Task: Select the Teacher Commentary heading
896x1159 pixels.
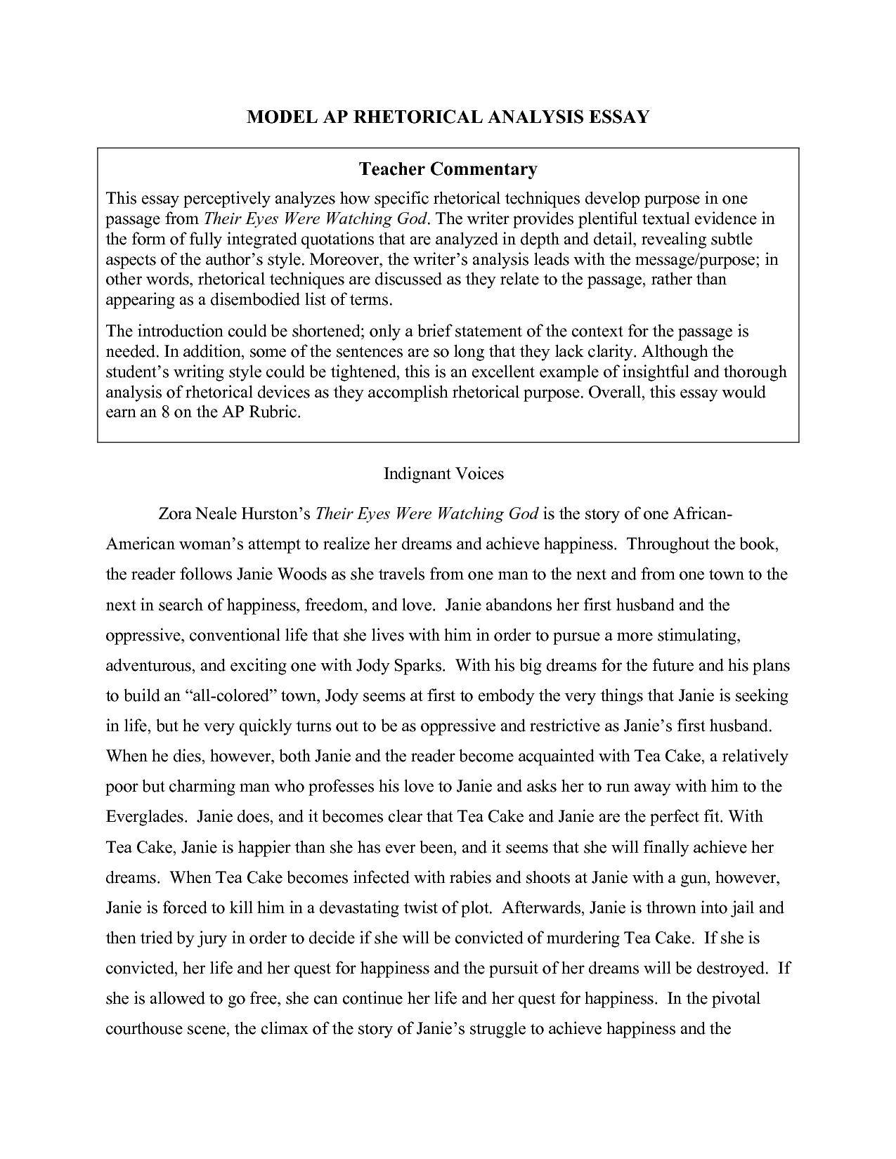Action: click(448, 169)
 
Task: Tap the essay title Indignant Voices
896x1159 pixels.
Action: click(443, 474)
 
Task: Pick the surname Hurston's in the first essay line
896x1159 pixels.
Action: click(275, 514)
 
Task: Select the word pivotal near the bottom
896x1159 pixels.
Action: click(736, 999)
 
